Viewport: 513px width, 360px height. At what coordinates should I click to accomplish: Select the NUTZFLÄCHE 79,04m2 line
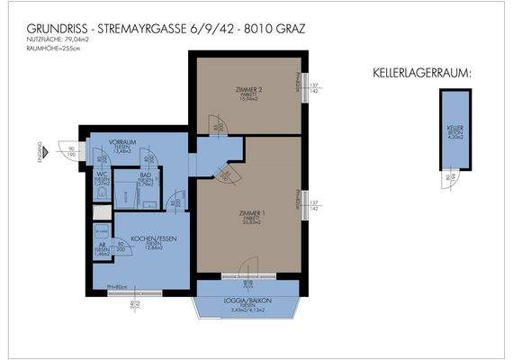[x=52, y=40]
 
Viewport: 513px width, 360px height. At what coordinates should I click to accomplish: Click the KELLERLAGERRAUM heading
[x=421, y=71]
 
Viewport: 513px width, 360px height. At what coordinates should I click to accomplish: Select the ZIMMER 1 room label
[x=249, y=212]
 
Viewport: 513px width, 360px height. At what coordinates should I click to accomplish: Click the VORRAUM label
[x=124, y=142]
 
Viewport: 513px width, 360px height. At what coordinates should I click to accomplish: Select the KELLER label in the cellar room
[x=454, y=128]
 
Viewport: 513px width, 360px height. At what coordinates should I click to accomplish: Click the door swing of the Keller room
[x=450, y=175]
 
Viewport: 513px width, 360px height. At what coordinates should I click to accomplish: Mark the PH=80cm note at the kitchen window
[x=117, y=287]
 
